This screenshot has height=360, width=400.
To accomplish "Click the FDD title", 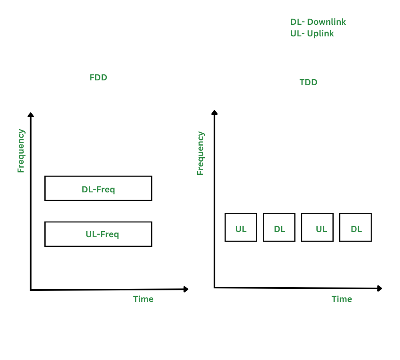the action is [x=98, y=78].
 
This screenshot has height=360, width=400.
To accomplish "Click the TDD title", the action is [x=308, y=82].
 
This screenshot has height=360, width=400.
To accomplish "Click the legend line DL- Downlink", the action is [x=318, y=22].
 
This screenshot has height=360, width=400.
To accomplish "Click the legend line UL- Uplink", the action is [x=312, y=34].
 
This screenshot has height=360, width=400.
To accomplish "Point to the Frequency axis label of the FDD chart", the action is [x=21, y=151].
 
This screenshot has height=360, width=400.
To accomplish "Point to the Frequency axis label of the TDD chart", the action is [x=200, y=153].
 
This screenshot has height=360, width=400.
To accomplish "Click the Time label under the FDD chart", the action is [x=143, y=299].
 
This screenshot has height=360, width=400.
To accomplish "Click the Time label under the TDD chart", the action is [x=342, y=299].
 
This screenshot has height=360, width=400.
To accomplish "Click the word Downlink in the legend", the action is [x=326, y=22].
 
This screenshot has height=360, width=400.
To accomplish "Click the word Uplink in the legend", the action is [x=320, y=34].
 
